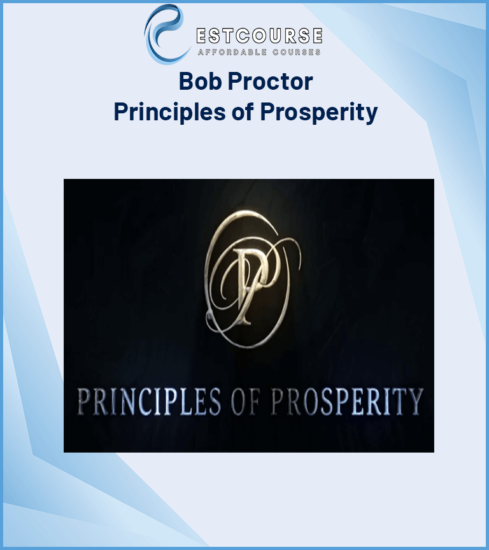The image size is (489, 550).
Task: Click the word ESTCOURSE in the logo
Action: coord(259,35)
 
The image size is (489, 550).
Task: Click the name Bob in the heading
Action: coord(195,81)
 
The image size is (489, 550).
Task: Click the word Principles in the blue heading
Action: coord(162,112)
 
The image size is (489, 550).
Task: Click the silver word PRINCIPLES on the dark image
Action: coord(149,400)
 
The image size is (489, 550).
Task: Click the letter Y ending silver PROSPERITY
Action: coord(414,400)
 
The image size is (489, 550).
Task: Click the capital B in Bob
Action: coord(185,81)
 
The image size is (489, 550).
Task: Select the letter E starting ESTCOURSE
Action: coord(202,35)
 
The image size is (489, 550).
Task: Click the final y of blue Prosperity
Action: coord(371,115)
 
